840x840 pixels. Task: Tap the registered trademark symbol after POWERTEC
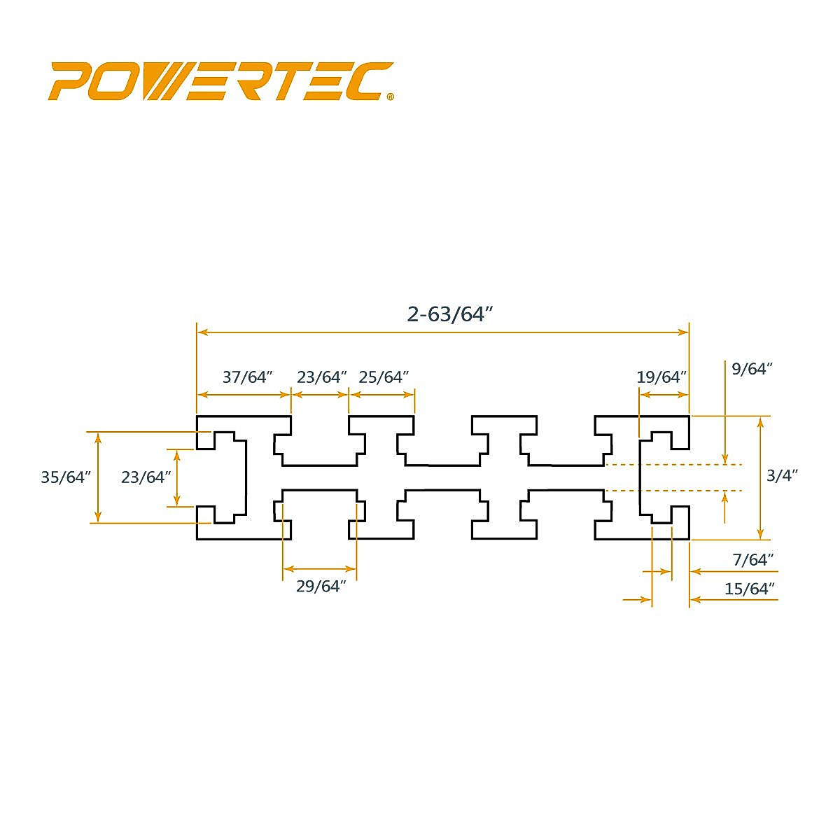pyautogui.click(x=390, y=98)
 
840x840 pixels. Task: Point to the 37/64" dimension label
pyautogui.click(x=246, y=377)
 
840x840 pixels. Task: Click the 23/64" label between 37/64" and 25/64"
pyautogui.click(x=322, y=377)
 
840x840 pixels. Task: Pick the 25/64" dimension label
pyautogui.click(x=384, y=377)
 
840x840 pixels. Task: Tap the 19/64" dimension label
pyautogui.click(x=661, y=377)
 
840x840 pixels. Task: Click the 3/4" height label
pyautogui.click(x=782, y=475)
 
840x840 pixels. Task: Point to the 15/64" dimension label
pyautogui.click(x=750, y=589)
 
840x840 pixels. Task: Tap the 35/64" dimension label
pyautogui.click(x=66, y=477)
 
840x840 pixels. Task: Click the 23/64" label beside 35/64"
pyautogui.click(x=146, y=477)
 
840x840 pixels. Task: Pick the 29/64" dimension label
pyautogui.click(x=321, y=587)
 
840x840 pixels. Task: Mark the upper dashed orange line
pyautogui.click(x=672, y=464)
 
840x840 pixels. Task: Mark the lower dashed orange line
pyautogui.click(x=672, y=491)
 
